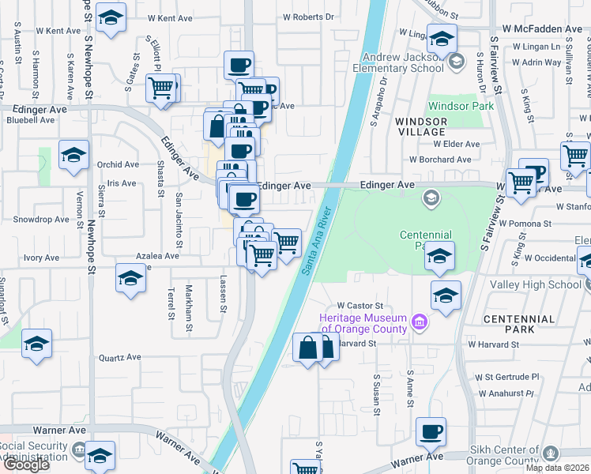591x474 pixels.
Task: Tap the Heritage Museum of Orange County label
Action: click(363, 323)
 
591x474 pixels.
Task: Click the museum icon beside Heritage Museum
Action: click(420, 322)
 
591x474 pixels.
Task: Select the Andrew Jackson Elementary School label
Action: click(403, 62)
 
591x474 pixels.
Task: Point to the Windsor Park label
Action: click(461, 106)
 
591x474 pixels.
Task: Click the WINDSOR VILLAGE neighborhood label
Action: click(421, 126)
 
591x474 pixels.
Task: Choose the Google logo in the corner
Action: click(25, 465)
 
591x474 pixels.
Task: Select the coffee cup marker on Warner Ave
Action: click(431, 431)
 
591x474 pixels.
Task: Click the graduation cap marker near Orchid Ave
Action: click(73, 155)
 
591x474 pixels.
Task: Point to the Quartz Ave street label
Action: click(119, 357)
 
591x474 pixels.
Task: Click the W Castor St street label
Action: click(359, 305)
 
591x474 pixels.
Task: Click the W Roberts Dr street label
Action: click(309, 16)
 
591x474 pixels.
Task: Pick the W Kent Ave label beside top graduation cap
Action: click(158, 17)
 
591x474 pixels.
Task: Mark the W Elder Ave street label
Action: click(456, 145)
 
